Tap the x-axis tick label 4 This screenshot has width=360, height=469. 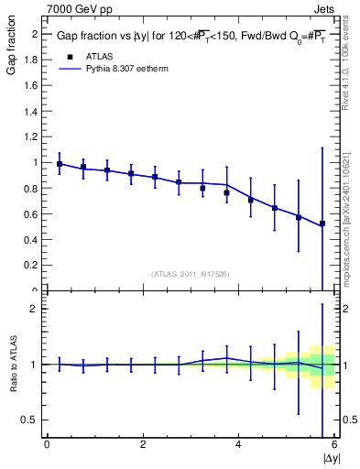coord(239,444)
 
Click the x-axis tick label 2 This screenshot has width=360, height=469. coord(143,444)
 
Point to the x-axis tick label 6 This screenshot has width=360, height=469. coord(334,444)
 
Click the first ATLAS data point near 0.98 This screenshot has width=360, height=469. coord(60,164)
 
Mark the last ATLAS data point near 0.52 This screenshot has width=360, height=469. coord(322,224)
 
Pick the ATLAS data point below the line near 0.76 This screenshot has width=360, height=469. coord(226,193)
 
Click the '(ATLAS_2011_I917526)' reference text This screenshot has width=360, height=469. coord(189,274)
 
